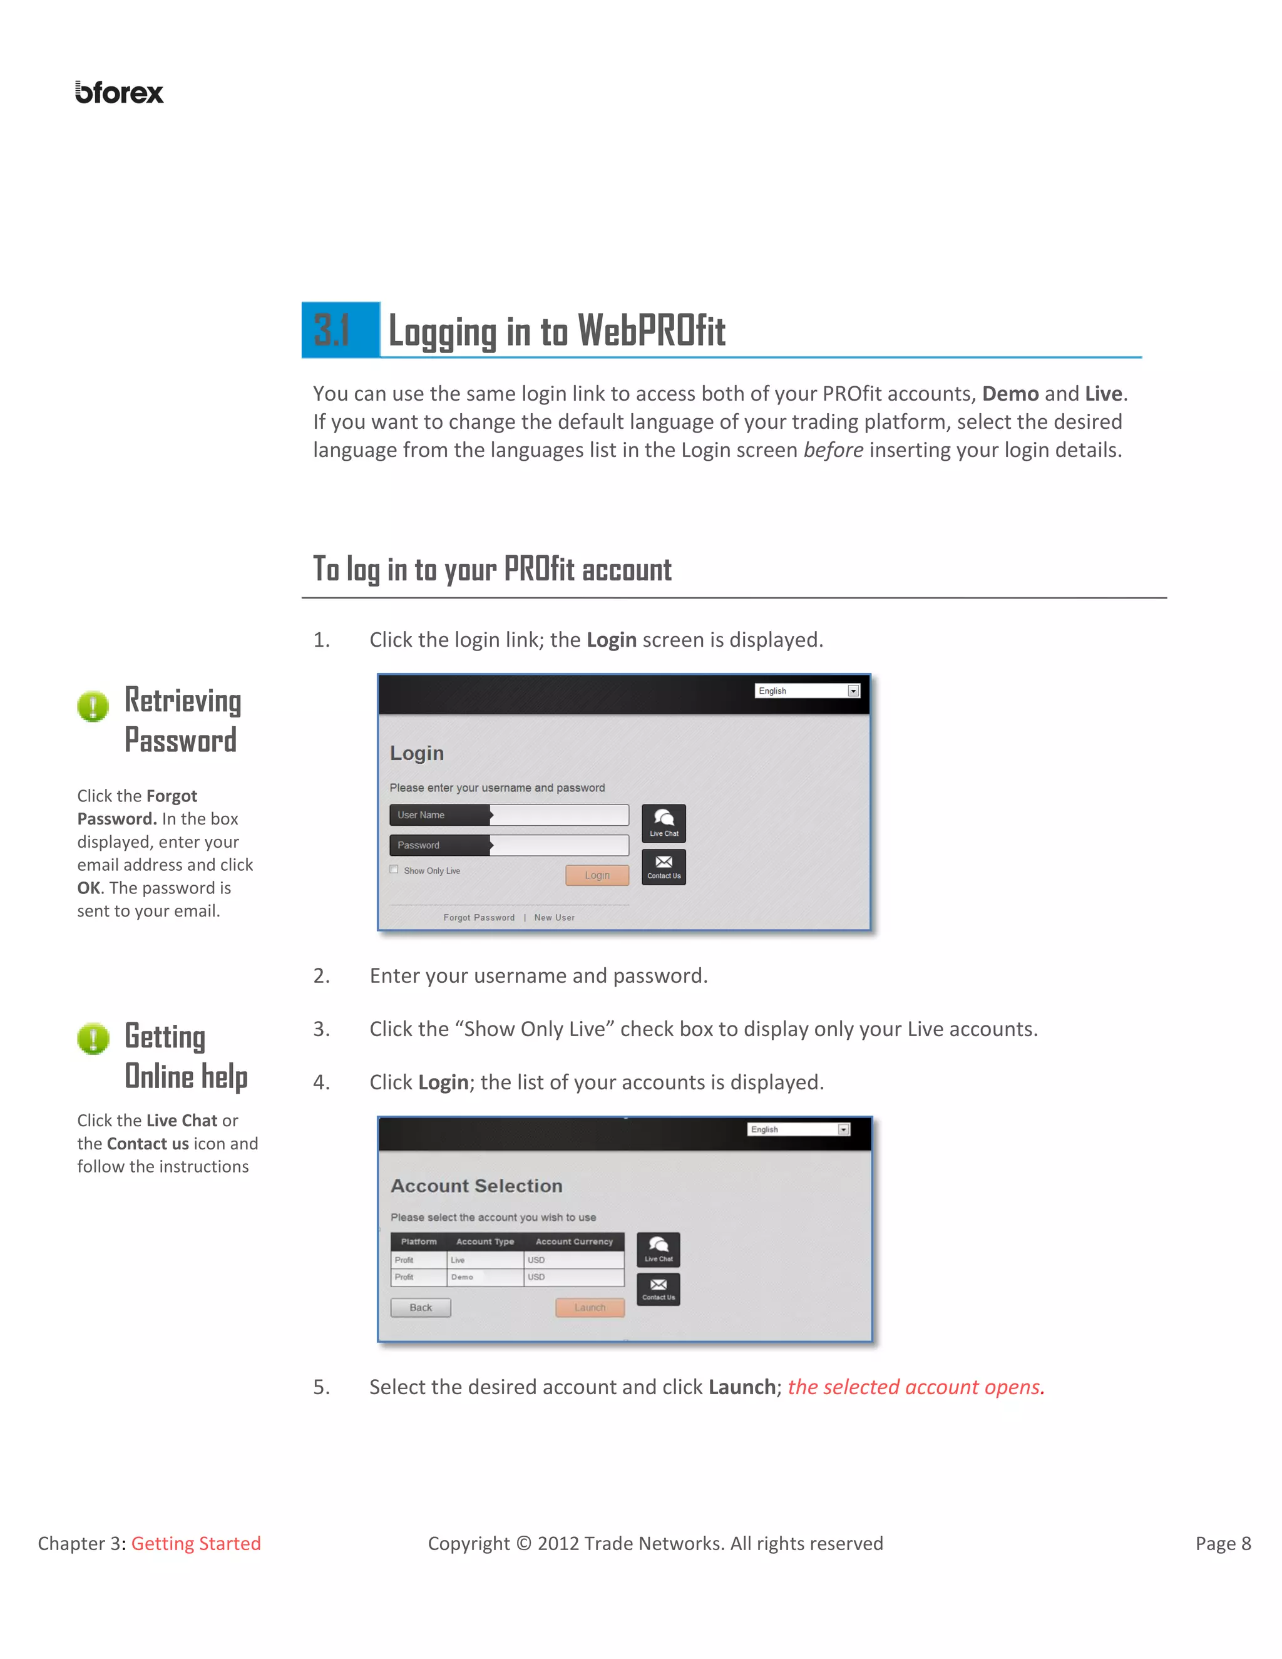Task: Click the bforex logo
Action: [x=119, y=93]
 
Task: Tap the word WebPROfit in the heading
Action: [x=651, y=331]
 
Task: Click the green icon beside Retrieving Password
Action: [x=93, y=706]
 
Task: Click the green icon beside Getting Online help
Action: [x=93, y=1039]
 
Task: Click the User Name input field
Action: [x=559, y=815]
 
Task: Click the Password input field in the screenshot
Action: [x=559, y=845]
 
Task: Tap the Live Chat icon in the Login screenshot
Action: [x=663, y=823]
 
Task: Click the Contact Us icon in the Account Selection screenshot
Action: [x=658, y=1288]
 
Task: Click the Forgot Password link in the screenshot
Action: [x=478, y=918]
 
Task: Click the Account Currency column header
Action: [x=573, y=1241]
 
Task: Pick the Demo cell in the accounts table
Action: [x=462, y=1277]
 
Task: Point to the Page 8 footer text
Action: [x=1222, y=1544]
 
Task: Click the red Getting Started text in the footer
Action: [x=196, y=1544]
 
